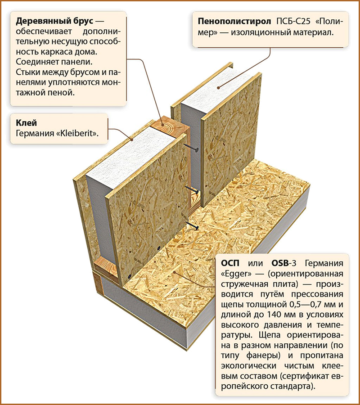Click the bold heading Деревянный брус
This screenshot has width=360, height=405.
pos(54,21)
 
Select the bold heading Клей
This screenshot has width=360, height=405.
pos(27,123)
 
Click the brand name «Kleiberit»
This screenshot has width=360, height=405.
pos(77,133)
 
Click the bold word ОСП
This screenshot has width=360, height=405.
pos(230,263)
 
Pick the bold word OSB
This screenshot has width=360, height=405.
pos(280,263)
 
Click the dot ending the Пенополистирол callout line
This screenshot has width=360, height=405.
pos(219,88)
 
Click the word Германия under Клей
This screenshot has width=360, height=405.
pos(35,133)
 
